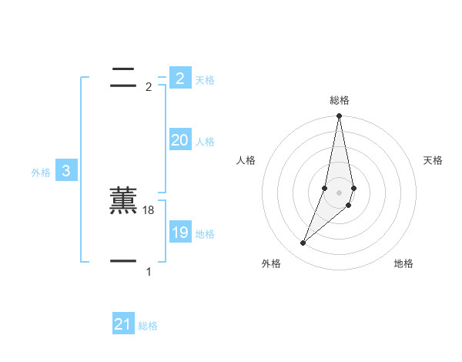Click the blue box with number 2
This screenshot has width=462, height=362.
179,78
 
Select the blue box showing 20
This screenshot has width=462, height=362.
179,140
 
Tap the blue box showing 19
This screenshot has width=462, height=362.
179,233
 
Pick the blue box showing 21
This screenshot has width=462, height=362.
122,324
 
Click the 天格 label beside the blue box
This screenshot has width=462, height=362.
205,80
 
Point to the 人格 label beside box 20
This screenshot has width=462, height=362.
205,142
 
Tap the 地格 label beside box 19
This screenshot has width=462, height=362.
205,234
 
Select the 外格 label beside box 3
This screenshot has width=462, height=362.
41,173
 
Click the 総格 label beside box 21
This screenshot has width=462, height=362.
148,326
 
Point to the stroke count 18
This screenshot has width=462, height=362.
149,210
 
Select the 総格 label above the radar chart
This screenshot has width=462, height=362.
340,100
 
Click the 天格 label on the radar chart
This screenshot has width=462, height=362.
433,160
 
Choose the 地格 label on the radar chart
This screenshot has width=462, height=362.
403,263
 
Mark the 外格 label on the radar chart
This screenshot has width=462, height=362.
271,263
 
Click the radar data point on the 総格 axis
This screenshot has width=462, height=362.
339,116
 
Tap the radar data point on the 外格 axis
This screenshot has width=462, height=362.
303,243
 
